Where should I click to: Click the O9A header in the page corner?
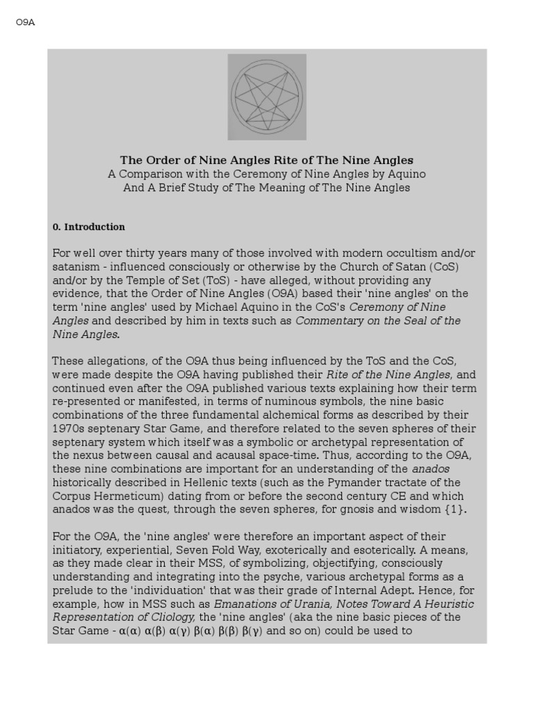25,22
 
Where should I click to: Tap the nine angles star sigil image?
267,97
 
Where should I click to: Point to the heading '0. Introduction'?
89,227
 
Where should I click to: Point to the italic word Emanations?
245,604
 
